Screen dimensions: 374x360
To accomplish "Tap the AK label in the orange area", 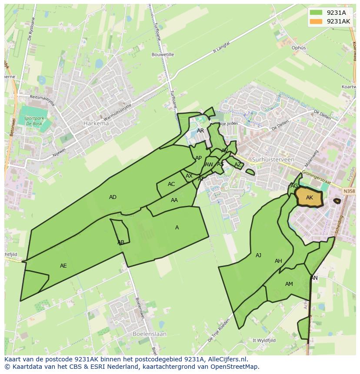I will [x=310, y=198].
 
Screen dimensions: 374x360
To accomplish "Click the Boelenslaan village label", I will [x=149, y=334].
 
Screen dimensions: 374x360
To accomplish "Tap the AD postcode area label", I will [x=113, y=197].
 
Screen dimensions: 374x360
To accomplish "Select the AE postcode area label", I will [x=63, y=266].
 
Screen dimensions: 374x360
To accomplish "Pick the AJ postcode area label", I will [x=258, y=255].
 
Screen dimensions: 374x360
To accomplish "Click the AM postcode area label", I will [x=289, y=284].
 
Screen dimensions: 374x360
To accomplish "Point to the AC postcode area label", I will [x=171, y=184].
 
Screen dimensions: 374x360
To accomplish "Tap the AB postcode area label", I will [x=121, y=242].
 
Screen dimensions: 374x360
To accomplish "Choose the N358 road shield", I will [x=349, y=191].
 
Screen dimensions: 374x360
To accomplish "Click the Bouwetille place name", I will [x=163, y=55].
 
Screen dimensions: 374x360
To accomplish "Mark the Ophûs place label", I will [x=299, y=48].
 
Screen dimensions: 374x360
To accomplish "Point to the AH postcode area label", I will [x=278, y=261].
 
